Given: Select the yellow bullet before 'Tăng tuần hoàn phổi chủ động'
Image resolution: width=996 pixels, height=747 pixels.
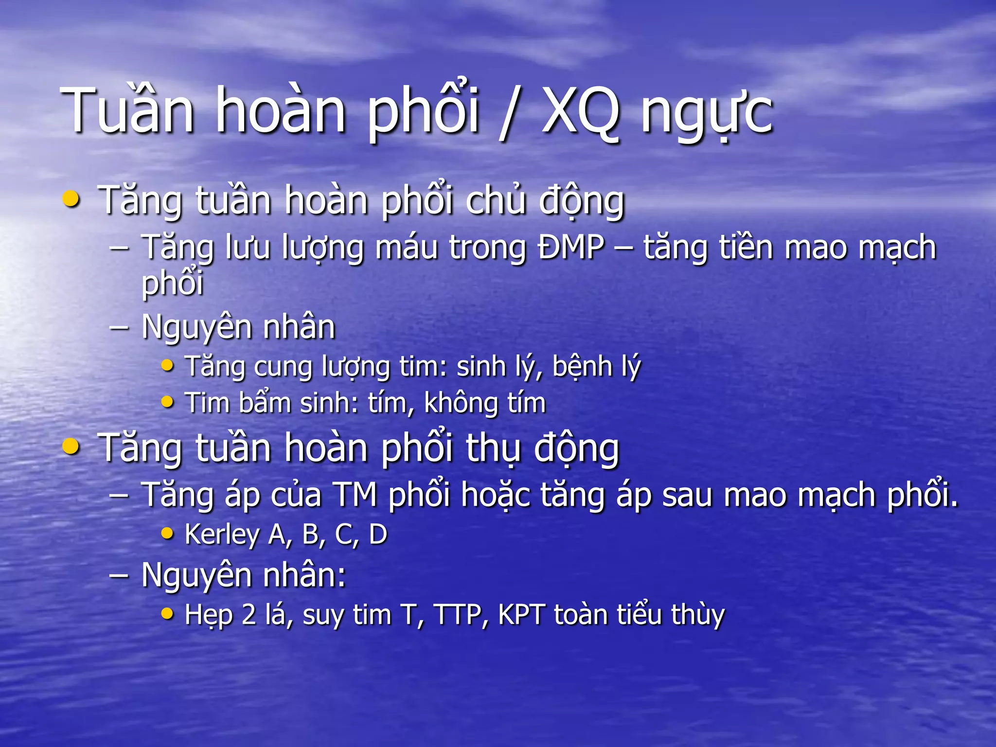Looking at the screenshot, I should point(71,199).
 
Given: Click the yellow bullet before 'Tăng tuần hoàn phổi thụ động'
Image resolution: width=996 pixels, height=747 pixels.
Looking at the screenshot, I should point(71,446).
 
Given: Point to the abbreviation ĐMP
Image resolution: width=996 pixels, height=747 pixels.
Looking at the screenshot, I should point(571,247).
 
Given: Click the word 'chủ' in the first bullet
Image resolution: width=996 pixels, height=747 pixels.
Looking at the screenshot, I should point(496,200).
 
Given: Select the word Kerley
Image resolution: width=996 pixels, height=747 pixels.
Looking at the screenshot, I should point(222,534).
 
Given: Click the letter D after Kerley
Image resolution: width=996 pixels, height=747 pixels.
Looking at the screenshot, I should point(378,534).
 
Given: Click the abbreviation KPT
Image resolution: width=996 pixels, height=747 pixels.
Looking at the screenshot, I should point(521,614).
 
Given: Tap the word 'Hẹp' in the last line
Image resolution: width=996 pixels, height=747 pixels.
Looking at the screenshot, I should point(209,615).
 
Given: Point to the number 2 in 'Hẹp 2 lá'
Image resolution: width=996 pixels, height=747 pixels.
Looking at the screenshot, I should point(249,614).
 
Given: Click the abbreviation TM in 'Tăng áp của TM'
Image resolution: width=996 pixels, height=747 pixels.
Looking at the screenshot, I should point(356,495).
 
